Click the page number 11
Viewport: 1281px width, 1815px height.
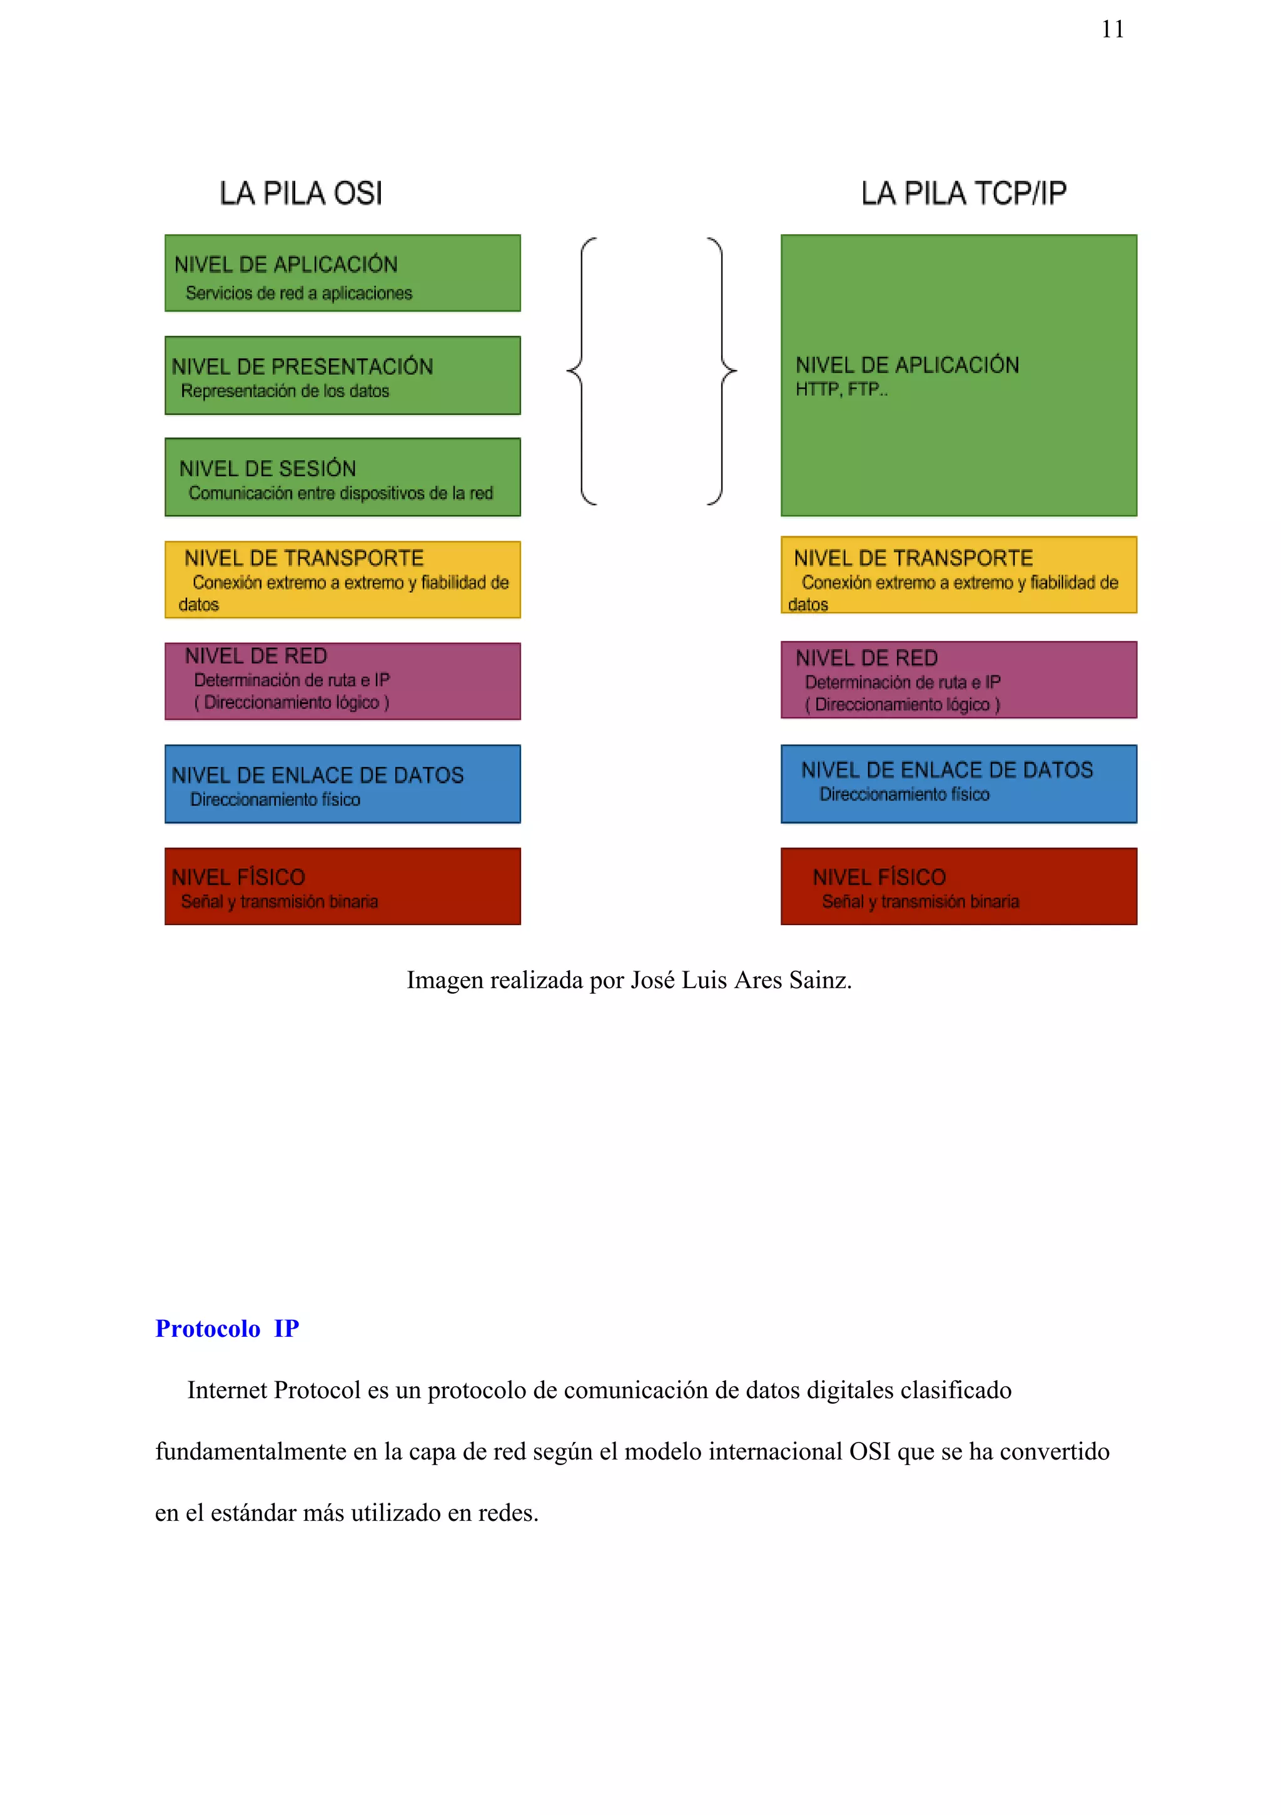[1112, 29]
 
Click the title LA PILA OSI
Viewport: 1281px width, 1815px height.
[300, 193]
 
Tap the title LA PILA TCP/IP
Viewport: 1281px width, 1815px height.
[963, 193]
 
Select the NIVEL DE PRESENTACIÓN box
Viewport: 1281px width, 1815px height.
[342, 376]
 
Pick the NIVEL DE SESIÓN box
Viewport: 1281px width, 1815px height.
[342, 477]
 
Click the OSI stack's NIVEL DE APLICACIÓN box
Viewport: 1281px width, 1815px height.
[342, 273]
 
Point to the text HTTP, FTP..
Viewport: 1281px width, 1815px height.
[841, 389]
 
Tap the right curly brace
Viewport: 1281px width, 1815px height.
[722, 370]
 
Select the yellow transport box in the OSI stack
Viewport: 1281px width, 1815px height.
[342, 580]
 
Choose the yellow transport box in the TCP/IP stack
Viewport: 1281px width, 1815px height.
[959, 575]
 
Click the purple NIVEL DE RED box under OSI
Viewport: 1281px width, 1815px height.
[342, 681]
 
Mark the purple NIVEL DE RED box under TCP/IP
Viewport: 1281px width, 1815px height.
[959, 680]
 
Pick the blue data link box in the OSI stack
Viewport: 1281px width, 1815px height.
[342, 784]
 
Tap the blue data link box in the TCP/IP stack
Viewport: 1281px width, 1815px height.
[959, 784]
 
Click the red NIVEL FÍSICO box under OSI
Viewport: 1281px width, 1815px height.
[342, 886]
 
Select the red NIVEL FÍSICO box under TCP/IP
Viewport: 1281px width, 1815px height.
[959, 886]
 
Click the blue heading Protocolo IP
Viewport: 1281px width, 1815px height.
[227, 1329]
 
